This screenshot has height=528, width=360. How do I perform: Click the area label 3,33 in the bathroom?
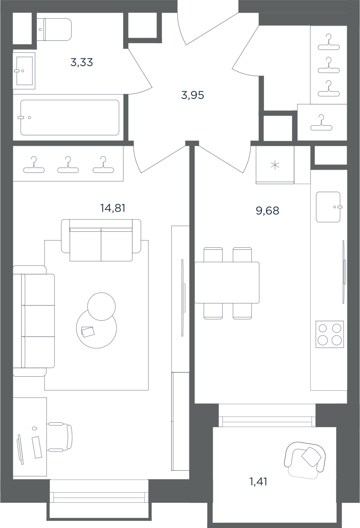click(x=82, y=62)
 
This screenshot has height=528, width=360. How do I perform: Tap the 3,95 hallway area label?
click(x=192, y=95)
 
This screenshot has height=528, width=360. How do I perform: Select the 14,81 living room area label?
click(x=113, y=208)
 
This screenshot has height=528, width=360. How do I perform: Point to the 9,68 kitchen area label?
click(x=268, y=211)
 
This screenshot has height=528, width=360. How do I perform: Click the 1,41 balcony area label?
click(x=258, y=482)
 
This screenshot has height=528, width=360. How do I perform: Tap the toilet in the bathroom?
click(x=55, y=30)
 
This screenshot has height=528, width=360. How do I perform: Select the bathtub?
click(x=70, y=117)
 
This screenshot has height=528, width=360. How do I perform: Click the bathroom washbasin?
click(x=24, y=71)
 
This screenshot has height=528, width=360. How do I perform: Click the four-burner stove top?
click(x=330, y=334)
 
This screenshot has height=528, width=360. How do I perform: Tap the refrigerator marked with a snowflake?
click(x=275, y=165)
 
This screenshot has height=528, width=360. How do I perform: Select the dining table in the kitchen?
click(x=227, y=282)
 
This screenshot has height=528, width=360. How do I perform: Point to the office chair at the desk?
click(x=60, y=437)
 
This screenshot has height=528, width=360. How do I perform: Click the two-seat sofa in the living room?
click(x=101, y=240)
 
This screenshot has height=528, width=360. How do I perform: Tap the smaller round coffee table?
click(x=101, y=306)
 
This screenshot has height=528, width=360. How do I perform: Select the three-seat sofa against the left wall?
click(x=34, y=321)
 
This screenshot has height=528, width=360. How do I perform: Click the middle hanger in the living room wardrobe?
click(x=68, y=165)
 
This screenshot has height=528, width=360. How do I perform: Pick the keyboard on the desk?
click(x=37, y=447)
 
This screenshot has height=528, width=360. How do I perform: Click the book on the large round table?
click(x=88, y=331)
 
